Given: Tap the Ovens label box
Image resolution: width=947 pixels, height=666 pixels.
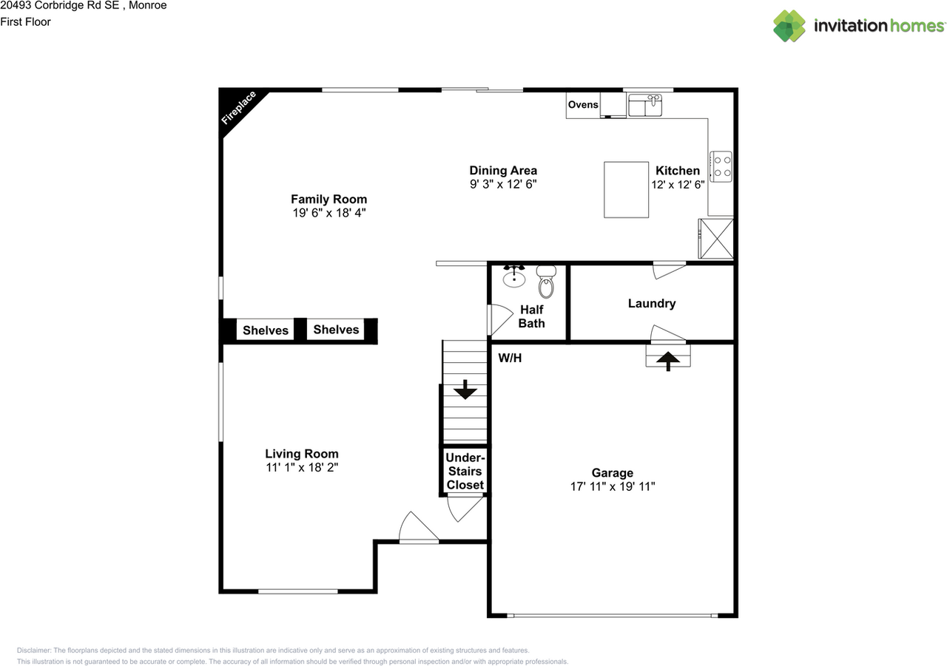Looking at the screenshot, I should pos(583,105).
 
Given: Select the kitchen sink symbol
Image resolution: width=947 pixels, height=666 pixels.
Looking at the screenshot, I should pos(646,105).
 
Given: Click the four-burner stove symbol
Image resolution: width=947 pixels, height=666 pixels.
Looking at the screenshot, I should pos(721,166).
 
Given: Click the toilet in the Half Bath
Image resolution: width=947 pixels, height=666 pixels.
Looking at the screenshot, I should pos(546,280).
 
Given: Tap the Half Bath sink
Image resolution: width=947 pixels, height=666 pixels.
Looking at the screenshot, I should pos(513,277).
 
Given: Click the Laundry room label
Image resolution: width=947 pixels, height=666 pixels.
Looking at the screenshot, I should pos(652,303).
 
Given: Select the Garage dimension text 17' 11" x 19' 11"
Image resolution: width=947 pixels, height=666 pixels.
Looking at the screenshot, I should pos(613,486).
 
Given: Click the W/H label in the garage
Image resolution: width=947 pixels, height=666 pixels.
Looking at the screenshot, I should pos(509,359).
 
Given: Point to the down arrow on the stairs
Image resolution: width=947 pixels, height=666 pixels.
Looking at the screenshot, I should pos(465,389).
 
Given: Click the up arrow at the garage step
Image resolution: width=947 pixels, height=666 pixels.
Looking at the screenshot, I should pos(668,360).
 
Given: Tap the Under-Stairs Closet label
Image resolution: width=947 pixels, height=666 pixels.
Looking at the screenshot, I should pos(465,472).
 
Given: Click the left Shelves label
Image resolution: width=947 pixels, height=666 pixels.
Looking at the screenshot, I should pos(266,330).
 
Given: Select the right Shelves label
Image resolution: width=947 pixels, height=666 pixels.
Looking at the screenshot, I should pos(336,330).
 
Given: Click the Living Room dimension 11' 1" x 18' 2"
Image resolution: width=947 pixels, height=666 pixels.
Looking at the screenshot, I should pos(302,467).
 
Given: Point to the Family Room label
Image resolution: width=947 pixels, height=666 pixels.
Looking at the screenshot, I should pos(328,199).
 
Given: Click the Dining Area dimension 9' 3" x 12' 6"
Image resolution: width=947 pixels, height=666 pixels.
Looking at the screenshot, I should pos(503,184).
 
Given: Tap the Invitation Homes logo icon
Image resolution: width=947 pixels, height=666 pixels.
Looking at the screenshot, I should pos(789,26).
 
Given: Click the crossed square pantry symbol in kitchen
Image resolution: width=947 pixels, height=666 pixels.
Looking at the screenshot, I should pos(716,238).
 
